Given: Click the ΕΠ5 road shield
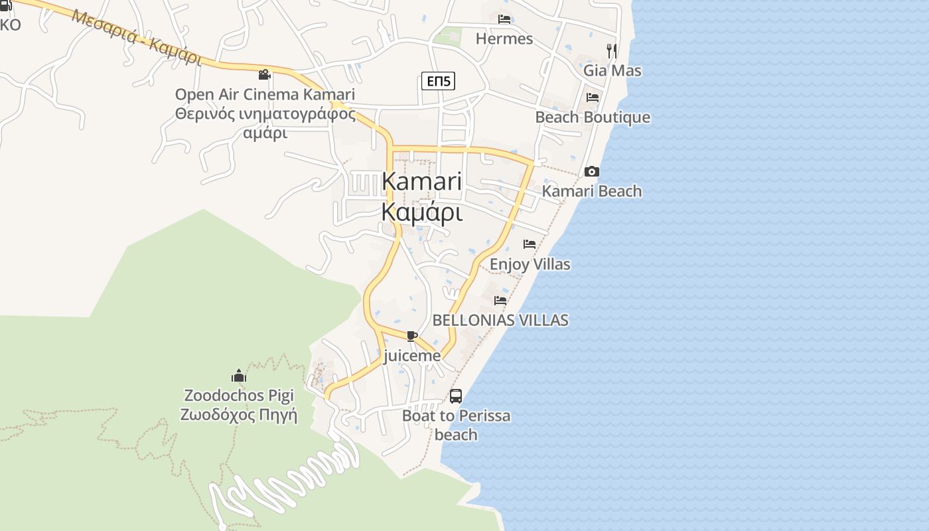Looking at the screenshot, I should point(438,82).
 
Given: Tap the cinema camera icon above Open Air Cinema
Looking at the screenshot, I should point(265,75).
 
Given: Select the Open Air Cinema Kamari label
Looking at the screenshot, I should point(265,94).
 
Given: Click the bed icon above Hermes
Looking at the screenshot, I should point(504,19).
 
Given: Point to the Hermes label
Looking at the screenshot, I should point(504,38).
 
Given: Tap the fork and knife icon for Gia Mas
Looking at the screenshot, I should point(612,50).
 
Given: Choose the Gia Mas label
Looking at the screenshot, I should point(612,70).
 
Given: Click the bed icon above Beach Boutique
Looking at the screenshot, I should point(593,98).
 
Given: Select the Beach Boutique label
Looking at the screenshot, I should point(593,117).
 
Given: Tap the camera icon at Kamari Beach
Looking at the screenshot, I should point(592,172).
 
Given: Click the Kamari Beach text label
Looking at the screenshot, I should point(592,191).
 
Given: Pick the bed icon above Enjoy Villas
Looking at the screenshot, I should point(530,244).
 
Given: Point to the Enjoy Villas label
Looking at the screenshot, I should point(530,264).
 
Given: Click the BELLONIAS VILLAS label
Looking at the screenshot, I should point(500,320).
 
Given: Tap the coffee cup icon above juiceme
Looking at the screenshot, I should point(411,336).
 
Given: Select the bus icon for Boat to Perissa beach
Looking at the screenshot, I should point(456,396).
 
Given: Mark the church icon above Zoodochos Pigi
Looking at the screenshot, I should point(239,376).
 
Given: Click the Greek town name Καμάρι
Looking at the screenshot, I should point(421,212).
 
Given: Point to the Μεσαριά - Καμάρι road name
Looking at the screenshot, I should point(136,37).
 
